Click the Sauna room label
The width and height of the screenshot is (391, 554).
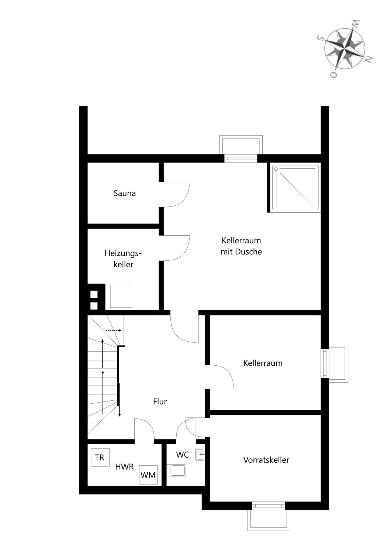tap(124, 193)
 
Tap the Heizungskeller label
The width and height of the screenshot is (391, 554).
tap(123, 259)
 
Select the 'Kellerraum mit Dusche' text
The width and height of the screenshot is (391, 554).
tap(241, 246)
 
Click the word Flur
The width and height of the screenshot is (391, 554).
tap(160, 401)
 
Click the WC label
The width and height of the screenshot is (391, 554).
tap(183, 454)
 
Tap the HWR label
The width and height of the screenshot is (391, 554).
tap(124, 467)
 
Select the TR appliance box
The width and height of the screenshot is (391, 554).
tap(100, 457)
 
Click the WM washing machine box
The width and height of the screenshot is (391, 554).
tap(148, 475)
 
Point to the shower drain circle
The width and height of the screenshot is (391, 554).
tap(276, 169)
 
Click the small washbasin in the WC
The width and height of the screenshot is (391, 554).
tap(200, 454)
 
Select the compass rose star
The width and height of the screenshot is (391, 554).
tap(345, 49)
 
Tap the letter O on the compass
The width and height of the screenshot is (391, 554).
tap(334, 75)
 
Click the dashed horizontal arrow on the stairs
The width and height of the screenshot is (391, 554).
tap(114, 331)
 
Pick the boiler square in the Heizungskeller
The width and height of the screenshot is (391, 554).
tap(121, 296)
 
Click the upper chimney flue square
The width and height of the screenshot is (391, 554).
tap(94, 294)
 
